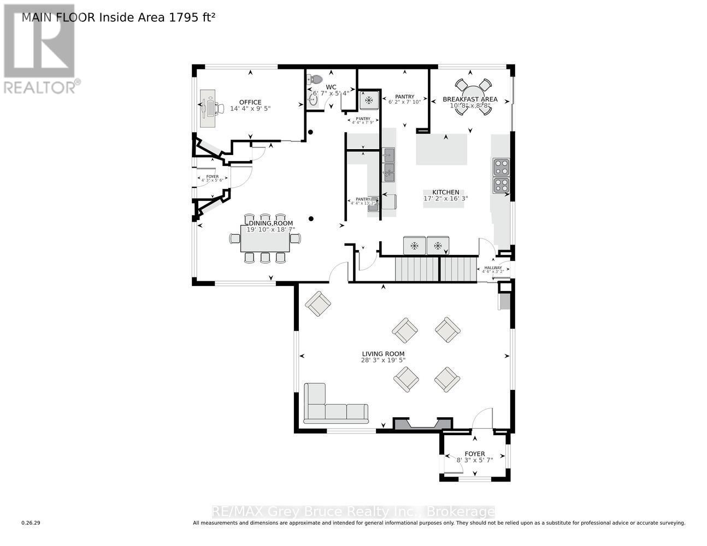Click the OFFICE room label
tap(250, 102)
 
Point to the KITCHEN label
tap(446, 192)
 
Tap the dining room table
tap(265, 239)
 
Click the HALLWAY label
tap(493, 268)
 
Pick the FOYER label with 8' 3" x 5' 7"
tap(474, 454)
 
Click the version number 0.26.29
tap(31, 523)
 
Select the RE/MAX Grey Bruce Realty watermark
tap(353, 512)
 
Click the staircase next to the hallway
tap(436, 269)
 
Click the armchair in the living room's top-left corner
tap(317, 304)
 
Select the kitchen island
tap(442, 149)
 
